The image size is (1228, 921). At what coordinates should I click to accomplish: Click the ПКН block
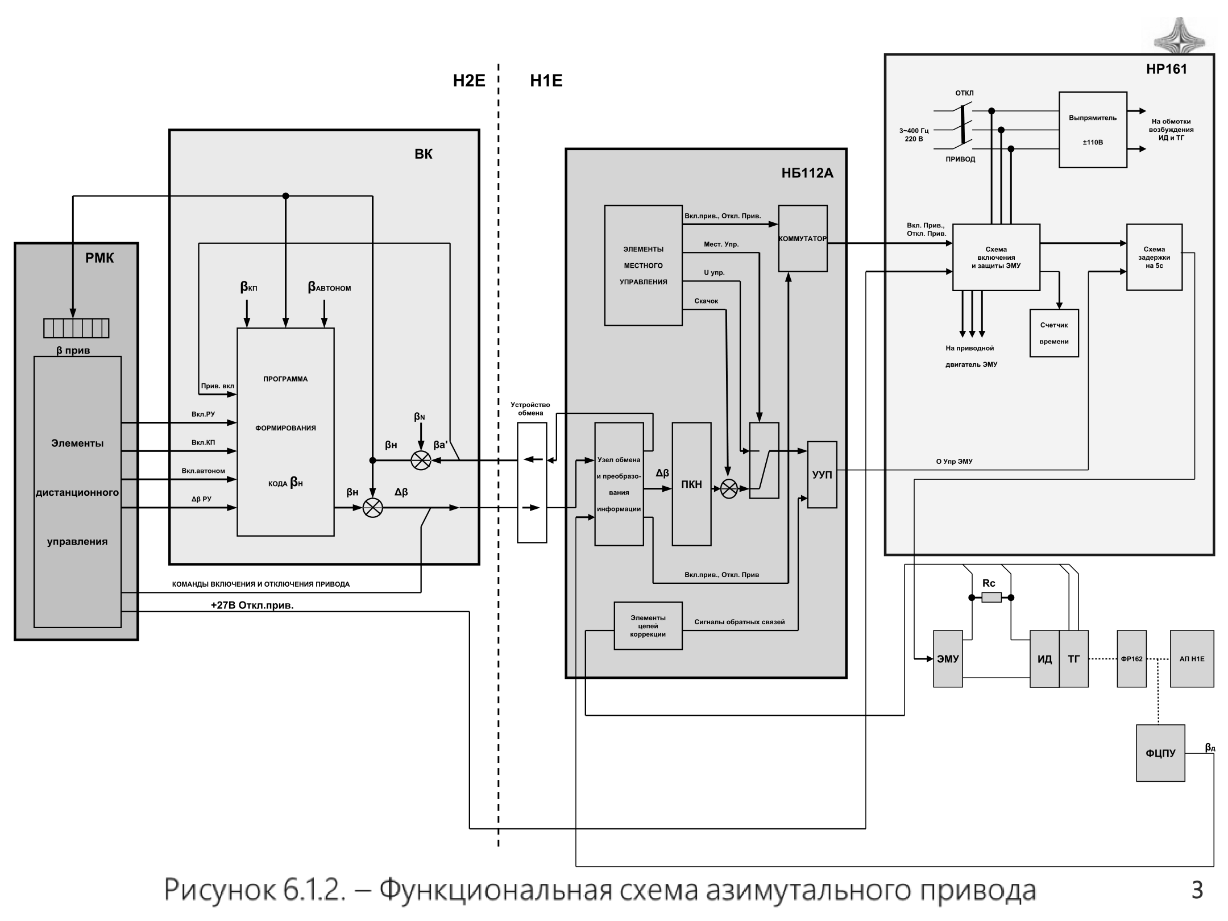tap(691, 484)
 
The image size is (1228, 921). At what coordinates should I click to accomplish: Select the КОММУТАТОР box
tap(803, 238)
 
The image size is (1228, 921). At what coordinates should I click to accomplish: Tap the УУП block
tap(822, 475)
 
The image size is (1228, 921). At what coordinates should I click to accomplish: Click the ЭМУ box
tap(948, 659)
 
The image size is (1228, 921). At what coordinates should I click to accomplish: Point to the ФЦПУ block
tap(1160, 753)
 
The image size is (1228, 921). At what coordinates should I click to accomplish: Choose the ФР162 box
tap(1131, 659)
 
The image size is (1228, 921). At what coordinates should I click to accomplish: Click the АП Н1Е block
tap(1192, 659)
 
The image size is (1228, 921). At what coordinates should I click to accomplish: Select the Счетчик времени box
tap(1054, 333)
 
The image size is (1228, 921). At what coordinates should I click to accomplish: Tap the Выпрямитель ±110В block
tap(1093, 130)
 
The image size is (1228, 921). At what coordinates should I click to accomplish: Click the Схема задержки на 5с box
tap(1154, 257)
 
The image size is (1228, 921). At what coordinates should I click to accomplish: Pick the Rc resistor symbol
tap(991, 598)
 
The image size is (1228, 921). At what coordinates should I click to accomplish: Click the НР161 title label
tap(1167, 69)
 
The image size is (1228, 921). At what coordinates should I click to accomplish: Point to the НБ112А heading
tap(807, 173)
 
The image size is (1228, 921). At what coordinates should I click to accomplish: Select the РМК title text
tap(99, 258)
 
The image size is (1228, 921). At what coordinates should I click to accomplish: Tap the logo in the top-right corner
tap(1179, 35)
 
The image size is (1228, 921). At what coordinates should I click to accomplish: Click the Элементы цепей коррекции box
tap(648, 626)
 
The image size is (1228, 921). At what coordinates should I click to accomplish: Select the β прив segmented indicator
tap(76, 328)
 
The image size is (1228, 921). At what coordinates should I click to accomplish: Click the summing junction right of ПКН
tap(729, 489)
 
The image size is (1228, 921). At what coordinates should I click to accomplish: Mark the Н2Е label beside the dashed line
tap(469, 81)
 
